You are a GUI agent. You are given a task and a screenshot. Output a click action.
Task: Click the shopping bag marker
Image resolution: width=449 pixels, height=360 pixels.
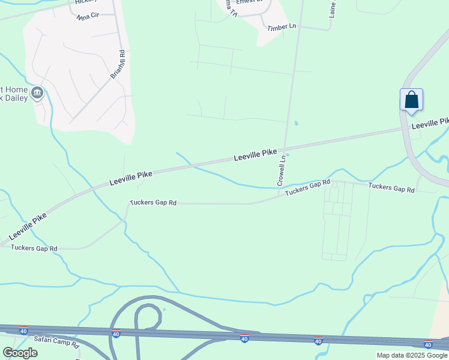click(411, 100)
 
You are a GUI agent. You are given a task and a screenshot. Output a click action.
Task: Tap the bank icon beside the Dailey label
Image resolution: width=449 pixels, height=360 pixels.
click(37, 92)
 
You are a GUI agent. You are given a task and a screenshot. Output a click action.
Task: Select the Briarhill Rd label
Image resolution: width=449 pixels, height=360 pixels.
click(118, 68)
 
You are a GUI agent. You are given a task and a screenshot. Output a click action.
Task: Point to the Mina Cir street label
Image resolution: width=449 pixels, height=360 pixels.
click(87, 17)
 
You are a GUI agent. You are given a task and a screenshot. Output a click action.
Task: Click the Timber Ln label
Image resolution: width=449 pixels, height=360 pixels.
click(282, 28)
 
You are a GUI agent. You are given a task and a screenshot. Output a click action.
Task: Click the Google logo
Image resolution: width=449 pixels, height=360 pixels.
click(20, 353)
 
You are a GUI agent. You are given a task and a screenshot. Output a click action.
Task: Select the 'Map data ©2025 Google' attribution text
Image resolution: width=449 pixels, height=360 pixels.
click(412, 355)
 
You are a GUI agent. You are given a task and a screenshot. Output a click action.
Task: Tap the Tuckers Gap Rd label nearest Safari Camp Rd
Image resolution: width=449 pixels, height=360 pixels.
click(34, 248)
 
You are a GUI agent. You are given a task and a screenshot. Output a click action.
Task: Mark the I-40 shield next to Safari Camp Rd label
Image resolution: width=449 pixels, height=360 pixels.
click(23, 331)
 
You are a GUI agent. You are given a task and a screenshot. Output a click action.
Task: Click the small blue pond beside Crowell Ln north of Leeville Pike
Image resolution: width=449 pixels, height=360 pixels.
click(296, 124)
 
